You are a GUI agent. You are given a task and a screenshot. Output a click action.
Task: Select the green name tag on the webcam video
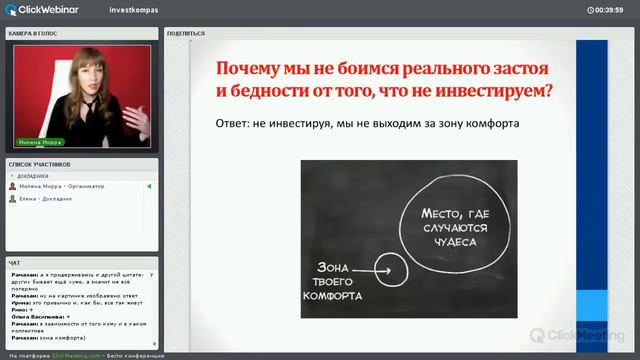[38, 142]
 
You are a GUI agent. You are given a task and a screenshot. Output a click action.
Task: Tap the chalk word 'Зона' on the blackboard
[336, 267]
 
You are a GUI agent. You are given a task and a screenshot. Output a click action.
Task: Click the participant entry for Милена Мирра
[54, 186]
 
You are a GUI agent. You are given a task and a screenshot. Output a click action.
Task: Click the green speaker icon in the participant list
[149, 186]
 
